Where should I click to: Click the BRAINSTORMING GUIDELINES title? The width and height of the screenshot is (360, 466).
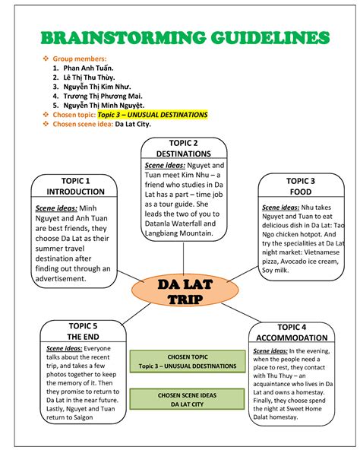tap(180, 38)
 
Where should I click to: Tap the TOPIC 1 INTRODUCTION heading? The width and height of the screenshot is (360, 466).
tap(75, 186)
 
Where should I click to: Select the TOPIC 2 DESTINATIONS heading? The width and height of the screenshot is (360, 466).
tap(183, 148)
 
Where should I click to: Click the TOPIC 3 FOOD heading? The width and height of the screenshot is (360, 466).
tap(301, 187)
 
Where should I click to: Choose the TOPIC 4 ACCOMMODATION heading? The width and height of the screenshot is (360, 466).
tap(292, 332)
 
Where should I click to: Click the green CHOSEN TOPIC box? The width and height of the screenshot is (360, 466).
tap(188, 361)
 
